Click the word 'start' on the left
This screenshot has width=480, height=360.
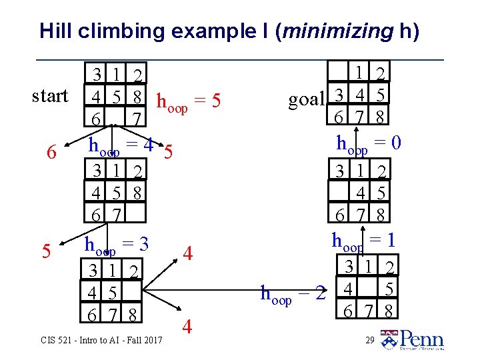[x=50, y=96]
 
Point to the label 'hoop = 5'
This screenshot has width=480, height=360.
[x=187, y=102]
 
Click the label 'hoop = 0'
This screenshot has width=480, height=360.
[x=368, y=143]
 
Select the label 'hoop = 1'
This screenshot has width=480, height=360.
[x=364, y=239]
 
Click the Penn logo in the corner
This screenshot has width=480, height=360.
[x=413, y=339]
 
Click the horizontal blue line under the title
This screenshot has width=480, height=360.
[x=240, y=60]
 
